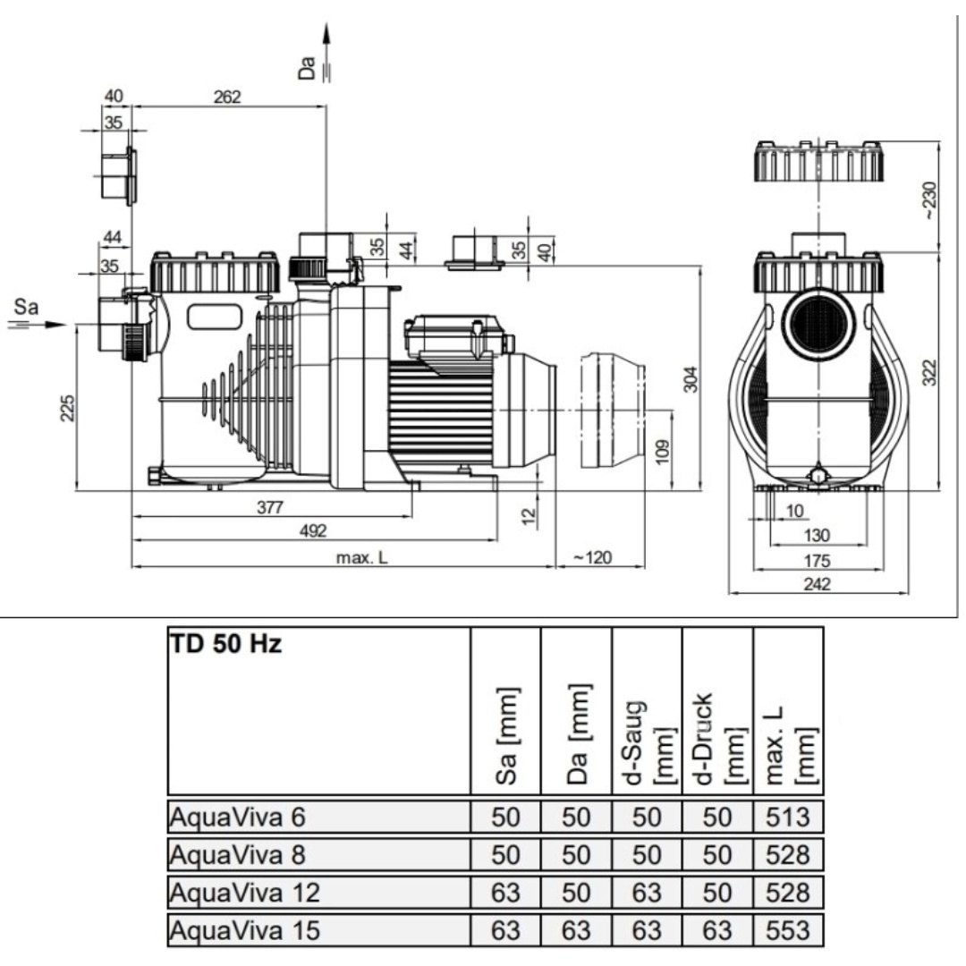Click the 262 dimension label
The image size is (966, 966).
[227, 97]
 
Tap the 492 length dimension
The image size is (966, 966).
[312, 531]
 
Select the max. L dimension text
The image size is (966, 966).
[362, 557]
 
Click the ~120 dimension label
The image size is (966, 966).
[592, 557]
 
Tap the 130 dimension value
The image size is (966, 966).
[817, 535]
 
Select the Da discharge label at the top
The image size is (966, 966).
[309, 64]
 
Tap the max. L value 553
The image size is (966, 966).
[787, 931]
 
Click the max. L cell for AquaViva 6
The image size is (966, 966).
[787, 817]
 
